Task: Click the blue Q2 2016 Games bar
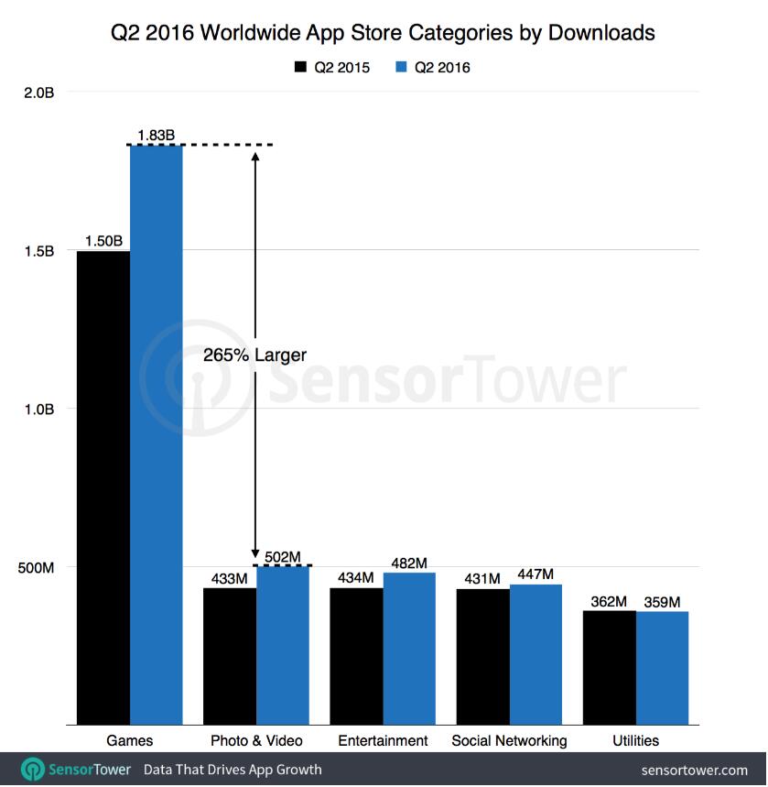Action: click(157, 434)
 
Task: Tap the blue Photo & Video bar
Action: click(284, 645)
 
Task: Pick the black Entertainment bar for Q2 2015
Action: click(357, 656)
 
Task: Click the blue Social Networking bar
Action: click(535, 654)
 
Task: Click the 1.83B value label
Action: click(156, 136)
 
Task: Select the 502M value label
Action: click(283, 556)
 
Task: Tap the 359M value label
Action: click(662, 602)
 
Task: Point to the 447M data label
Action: click(535, 574)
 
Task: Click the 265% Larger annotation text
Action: click(254, 355)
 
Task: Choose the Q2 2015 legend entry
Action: click(330, 67)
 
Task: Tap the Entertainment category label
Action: click(383, 740)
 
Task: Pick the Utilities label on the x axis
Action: click(635, 740)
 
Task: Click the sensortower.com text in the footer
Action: click(696, 770)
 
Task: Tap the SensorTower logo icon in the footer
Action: click(33, 769)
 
